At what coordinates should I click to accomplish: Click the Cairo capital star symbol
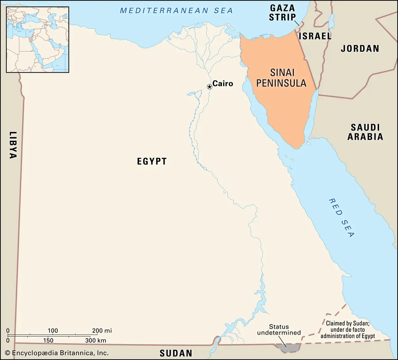[209, 87]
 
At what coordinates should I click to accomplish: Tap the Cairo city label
[223, 84]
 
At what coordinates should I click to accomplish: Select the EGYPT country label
[152, 161]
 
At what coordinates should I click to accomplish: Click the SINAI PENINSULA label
[281, 78]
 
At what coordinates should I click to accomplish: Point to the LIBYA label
[12, 145]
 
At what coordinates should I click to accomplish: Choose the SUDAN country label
[176, 353]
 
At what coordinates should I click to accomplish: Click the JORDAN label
[360, 48]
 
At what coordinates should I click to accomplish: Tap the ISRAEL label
[315, 36]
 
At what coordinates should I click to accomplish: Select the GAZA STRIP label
[282, 13]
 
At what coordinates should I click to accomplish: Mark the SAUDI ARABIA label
[365, 132]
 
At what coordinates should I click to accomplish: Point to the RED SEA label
[342, 218]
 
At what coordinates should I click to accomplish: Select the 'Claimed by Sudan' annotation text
[350, 330]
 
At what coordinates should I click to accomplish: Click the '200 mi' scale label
[102, 330]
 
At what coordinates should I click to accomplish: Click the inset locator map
[37, 39]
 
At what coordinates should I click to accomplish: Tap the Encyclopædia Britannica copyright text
[56, 353]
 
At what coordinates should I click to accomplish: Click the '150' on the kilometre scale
[48, 340]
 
